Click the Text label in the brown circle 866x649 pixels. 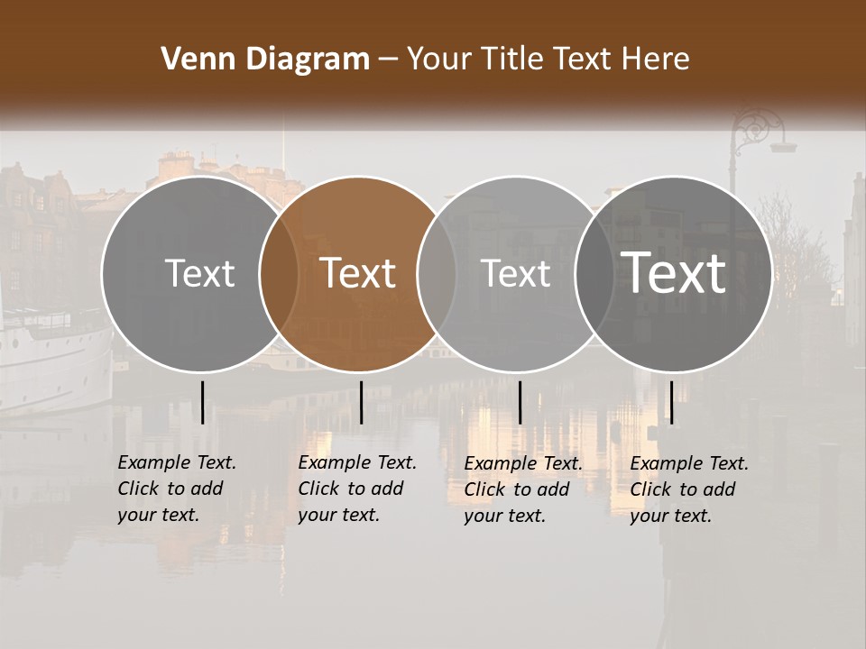click(x=358, y=273)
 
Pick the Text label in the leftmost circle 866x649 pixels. click(x=199, y=273)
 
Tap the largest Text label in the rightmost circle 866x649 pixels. click(x=674, y=273)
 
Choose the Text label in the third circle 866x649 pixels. click(x=515, y=273)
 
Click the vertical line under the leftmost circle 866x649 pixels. click(x=202, y=402)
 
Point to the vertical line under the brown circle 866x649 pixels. click(x=361, y=402)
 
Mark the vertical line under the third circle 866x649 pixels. click(x=520, y=402)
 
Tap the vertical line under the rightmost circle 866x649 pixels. click(x=671, y=402)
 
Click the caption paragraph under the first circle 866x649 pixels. click(x=176, y=489)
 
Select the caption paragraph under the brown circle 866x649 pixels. click(x=356, y=489)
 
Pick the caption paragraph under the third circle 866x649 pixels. click(x=522, y=489)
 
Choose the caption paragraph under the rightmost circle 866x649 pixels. click(x=688, y=489)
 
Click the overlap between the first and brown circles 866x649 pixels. click(x=279, y=274)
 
